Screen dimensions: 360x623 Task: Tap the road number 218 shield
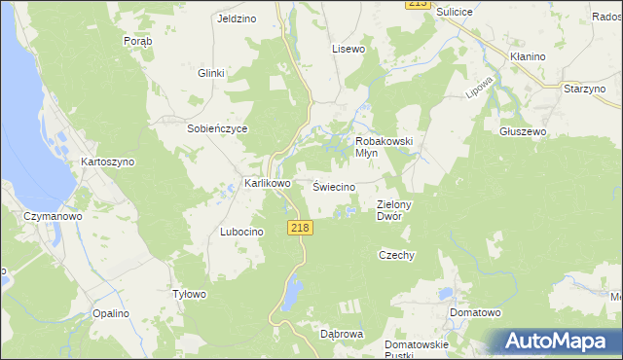click(300, 227)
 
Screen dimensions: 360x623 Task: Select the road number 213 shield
click(417, 5)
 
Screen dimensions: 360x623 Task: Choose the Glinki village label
click(211, 73)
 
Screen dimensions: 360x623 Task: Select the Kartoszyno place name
click(108, 162)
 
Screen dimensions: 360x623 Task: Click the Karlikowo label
click(268, 183)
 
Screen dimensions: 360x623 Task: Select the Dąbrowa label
click(342, 333)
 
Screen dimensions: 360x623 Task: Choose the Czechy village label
click(396, 255)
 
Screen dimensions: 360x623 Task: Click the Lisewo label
click(348, 48)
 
